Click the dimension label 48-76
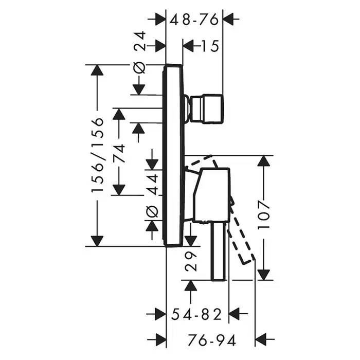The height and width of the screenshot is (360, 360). [x=194, y=19]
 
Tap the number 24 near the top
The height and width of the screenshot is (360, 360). [x=139, y=41]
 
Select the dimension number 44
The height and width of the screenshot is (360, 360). [x=152, y=184]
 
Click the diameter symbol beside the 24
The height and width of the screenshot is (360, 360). [x=139, y=67]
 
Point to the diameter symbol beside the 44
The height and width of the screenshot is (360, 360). [x=152, y=211]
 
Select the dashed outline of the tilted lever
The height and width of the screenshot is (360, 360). [x=242, y=237]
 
